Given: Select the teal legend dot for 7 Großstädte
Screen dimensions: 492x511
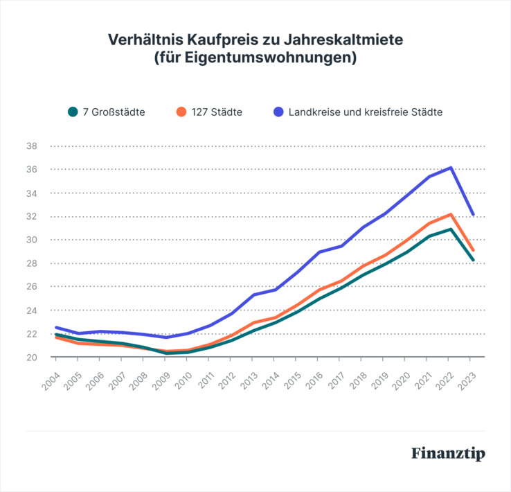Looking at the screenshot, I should tap(72, 111).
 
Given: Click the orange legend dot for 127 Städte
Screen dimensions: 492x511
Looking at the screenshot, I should tap(181, 111).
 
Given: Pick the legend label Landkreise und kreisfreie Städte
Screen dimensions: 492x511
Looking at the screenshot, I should tap(366, 111).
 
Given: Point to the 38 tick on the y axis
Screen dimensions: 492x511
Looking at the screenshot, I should tap(31, 146).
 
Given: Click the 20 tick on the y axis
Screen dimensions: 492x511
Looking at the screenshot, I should tap(31, 357).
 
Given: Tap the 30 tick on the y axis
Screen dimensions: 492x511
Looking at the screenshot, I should tap(31, 240).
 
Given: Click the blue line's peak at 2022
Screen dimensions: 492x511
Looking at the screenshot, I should tap(451, 168).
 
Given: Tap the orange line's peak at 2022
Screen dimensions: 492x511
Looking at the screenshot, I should tap(451, 215).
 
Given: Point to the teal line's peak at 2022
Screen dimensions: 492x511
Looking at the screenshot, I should tap(451, 229).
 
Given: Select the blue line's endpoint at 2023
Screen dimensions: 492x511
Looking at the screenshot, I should tap(473, 214).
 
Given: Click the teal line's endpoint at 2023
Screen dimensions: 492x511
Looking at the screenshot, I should tap(473, 260).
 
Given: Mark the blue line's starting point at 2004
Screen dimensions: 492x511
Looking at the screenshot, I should tap(56, 328).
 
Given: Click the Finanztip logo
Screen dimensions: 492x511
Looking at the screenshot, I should tap(447, 454).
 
